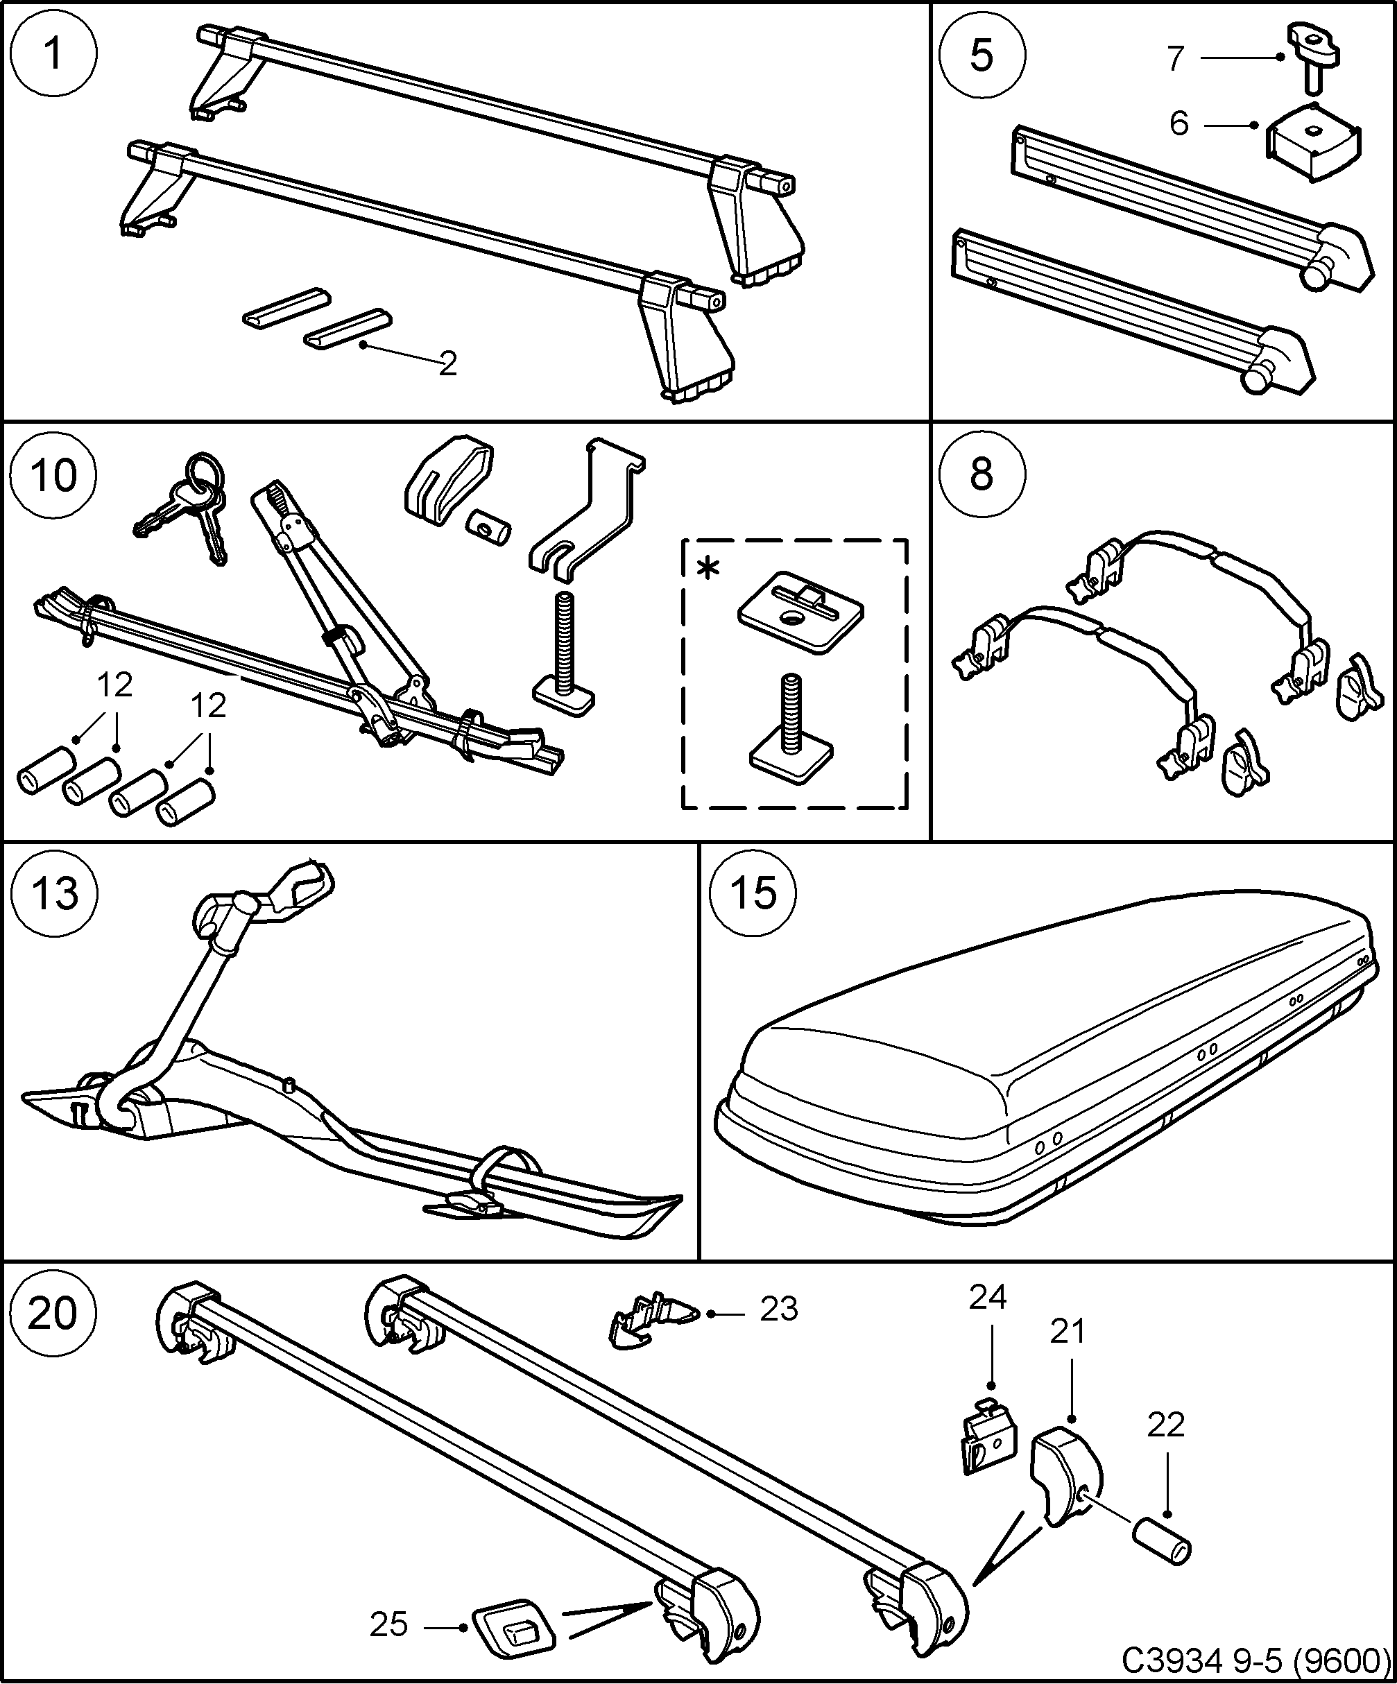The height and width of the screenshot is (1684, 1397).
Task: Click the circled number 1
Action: [53, 55]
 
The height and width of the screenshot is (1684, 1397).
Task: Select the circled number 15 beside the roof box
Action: [755, 893]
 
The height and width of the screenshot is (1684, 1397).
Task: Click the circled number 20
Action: [53, 1314]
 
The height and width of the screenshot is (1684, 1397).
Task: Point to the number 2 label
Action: [447, 365]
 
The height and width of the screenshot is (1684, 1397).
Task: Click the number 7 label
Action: [1176, 58]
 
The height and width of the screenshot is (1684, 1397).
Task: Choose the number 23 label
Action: [779, 1309]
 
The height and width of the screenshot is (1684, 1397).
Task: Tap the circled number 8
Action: [982, 474]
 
